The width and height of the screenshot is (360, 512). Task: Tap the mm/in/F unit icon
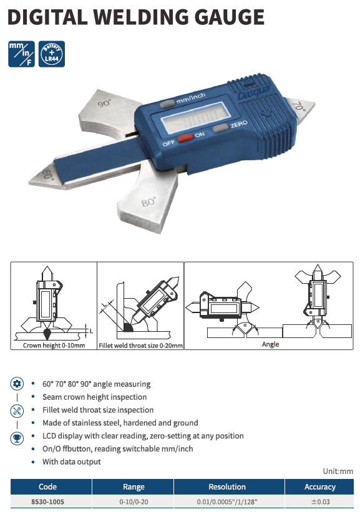[x=22, y=54]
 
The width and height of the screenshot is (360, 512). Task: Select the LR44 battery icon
[x=52, y=54]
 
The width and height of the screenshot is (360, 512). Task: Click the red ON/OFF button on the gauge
[x=185, y=137]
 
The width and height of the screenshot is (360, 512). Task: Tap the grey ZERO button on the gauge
[x=220, y=128]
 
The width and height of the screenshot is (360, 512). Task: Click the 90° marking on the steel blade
[x=105, y=103]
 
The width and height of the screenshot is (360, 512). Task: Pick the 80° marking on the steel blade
[x=148, y=202]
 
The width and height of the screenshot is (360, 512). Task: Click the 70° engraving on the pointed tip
[x=299, y=106]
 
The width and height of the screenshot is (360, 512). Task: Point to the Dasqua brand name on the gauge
[x=254, y=92]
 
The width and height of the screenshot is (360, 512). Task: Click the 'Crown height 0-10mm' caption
[x=54, y=345]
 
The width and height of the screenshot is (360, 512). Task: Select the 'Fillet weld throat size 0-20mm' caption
[x=141, y=345]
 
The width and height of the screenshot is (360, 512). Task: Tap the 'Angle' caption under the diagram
[x=271, y=344]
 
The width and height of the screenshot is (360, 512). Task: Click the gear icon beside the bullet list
[x=17, y=384]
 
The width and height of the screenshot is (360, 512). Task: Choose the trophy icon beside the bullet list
[x=17, y=438]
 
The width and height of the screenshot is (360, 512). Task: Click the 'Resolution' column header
[x=227, y=486]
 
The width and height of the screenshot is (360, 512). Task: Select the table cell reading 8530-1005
[x=47, y=501]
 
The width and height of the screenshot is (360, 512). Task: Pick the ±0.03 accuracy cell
[x=320, y=501]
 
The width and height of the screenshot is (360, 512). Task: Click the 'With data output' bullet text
[x=72, y=461]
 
